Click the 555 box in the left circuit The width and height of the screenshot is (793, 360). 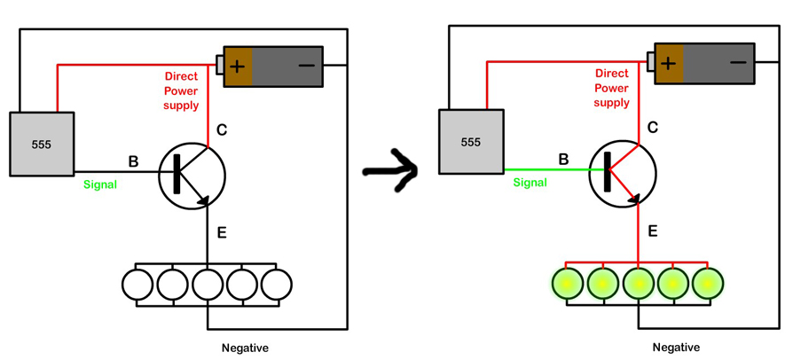point(42,144)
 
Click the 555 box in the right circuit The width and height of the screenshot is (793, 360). point(471,142)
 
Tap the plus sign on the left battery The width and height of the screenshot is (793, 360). point(239,66)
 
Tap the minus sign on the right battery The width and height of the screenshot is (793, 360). point(737,62)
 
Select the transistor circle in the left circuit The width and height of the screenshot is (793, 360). point(192,175)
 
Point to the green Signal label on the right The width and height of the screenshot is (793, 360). point(530,183)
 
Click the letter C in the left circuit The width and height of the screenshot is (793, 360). point(222,130)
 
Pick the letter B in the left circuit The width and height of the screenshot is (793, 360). point(133,161)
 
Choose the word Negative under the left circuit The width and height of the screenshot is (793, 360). point(245,348)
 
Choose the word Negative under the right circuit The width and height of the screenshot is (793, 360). point(676,347)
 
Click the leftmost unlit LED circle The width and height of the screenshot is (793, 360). point(137,285)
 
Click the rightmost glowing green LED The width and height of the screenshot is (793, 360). point(708,284)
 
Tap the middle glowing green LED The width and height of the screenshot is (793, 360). point(638,284)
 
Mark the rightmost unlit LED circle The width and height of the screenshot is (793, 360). point(276,285)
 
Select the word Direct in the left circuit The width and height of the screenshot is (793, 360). point(181,77)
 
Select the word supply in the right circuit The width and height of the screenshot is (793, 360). point(611,103)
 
